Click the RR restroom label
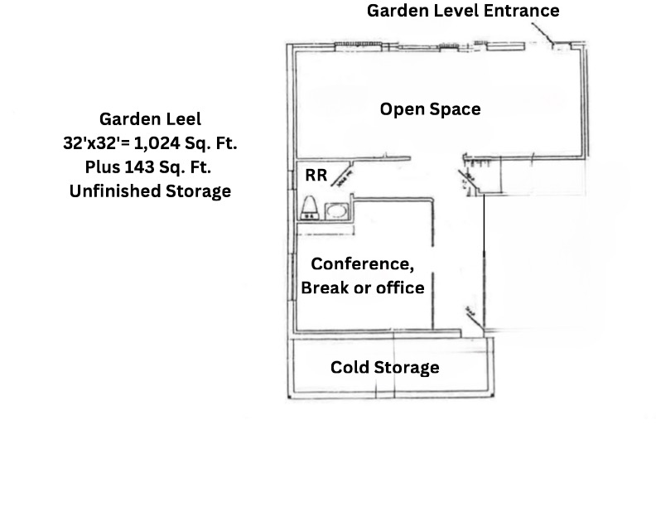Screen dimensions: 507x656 pos(316,176)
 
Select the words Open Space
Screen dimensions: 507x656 pos(430,109)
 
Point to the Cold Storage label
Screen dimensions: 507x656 pos(384,367)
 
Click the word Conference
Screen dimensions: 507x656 pos(362,264)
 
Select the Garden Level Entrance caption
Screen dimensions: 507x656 pos(463,11)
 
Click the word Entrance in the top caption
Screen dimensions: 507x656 pos(523,11)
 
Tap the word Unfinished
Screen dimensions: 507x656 pos(110,191)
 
